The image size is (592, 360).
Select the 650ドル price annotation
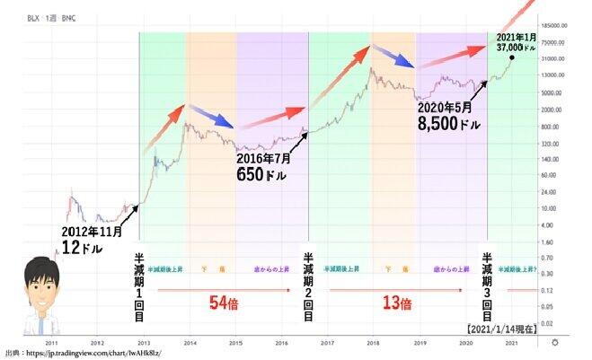pyautogui.click(x=261, y=175)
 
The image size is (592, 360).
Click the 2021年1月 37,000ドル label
pyautogui.click(x=518, y=42)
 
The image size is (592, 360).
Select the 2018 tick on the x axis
pyautogui.click(x=373, y=343)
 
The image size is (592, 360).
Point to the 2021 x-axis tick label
pyautogui.click(x=510, y=343)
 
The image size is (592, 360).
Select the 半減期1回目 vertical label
pyautogui.click(x=139, y=282)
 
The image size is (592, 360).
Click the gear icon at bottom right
pyautogui.click(x=555, y=343)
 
